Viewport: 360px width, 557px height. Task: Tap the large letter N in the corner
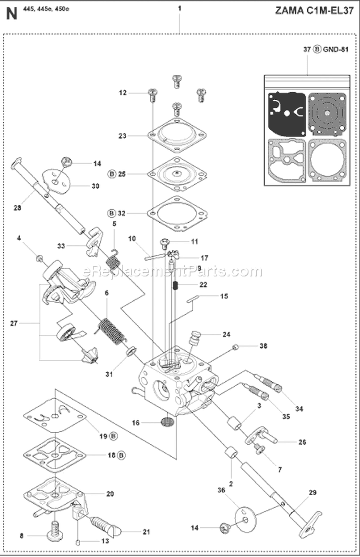tap(12, 13)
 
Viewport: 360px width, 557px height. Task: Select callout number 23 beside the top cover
tap(122, 136)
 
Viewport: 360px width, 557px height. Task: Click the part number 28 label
tap(18, 208)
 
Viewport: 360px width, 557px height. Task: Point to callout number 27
tap(14, 324)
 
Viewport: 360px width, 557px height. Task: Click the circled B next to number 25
tap(112, 174)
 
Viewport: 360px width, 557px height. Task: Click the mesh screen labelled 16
tap(166, 424)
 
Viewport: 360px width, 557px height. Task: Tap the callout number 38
tap(263, 345)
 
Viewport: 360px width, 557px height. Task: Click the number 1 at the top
tap(180, 8)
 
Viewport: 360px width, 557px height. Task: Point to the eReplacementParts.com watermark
tap(173, 272)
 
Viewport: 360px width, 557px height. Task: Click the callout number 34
tap(299, 409)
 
